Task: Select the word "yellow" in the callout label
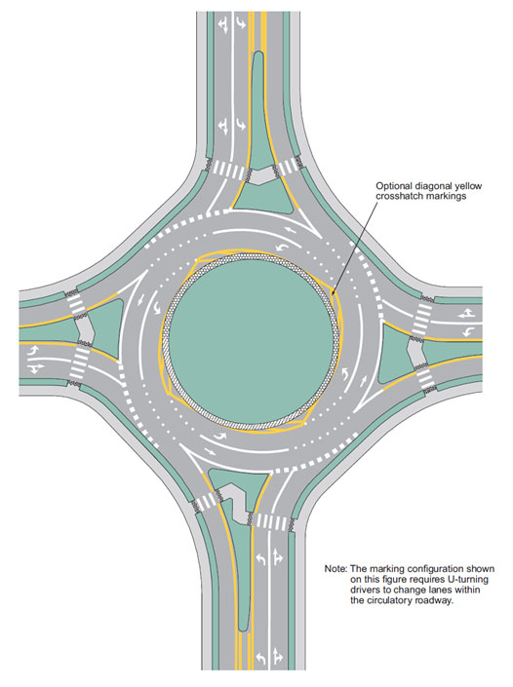click(x=468, y=186)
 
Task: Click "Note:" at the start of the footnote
click(x=335, y=569)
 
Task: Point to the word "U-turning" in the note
click(x=469, y=580)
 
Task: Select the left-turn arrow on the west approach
click(x=34, y=351)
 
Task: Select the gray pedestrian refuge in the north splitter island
click(x=261, y=176)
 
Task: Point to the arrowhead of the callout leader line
click(x=334, y=292)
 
